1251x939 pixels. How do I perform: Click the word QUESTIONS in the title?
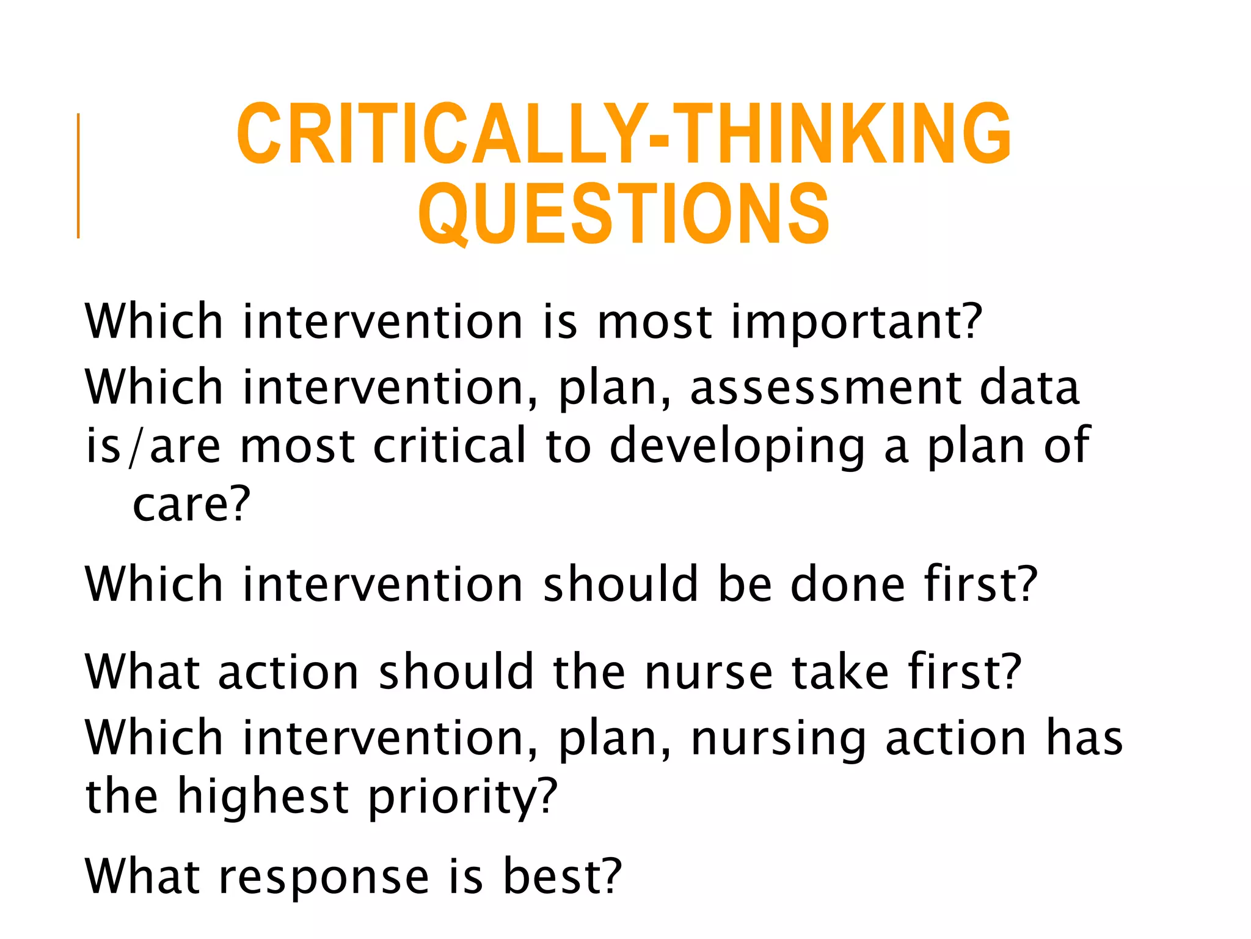tap(624, 214)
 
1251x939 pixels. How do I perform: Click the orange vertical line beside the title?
tap(78, 175)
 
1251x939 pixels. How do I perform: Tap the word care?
tap(183, 505)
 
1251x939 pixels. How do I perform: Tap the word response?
tap(324, 878)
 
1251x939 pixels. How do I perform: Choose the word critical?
tap(449, 446)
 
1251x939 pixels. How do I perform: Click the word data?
tap(1029, 388)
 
